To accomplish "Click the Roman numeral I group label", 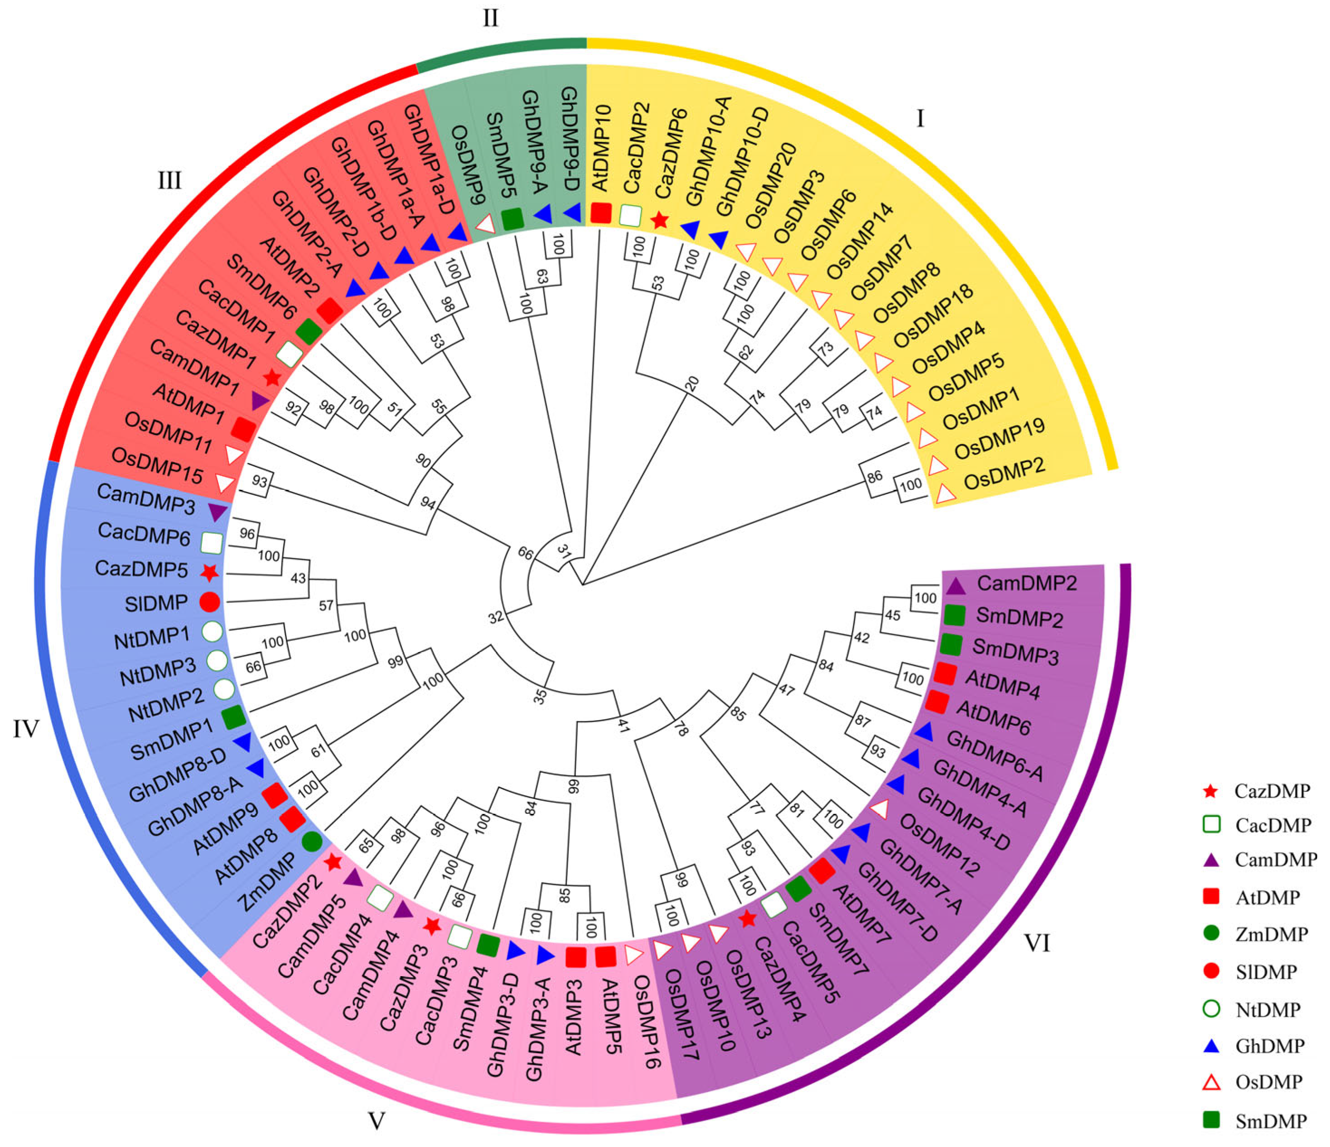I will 920,119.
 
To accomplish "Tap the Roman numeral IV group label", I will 26,729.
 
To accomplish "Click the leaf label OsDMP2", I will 1005,474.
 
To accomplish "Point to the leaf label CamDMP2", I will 1026,583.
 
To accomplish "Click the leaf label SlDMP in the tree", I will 156,603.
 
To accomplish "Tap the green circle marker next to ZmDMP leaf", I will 311,842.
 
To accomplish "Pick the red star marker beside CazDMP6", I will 660,221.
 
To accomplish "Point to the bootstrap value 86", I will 874,477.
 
